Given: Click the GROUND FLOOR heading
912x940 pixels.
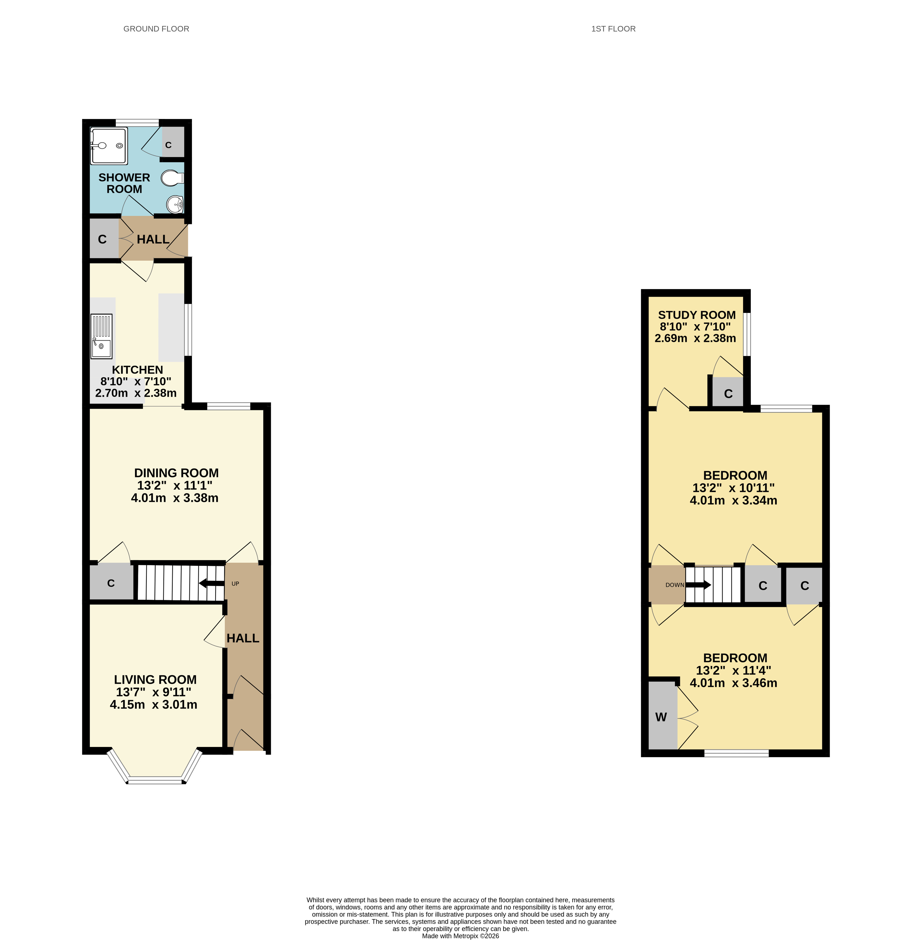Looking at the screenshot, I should point(156,29).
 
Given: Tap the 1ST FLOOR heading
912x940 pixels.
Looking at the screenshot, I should point(613,29).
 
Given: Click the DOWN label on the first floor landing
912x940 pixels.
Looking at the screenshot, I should point(675,585).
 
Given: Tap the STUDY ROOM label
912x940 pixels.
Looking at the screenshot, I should point(697,315).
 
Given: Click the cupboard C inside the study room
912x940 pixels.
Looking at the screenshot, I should point(728,394).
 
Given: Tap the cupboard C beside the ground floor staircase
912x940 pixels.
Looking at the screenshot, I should point(111,583).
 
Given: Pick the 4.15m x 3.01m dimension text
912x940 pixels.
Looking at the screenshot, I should point(154,704).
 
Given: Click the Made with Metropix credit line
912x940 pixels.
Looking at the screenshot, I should point(460,936).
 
